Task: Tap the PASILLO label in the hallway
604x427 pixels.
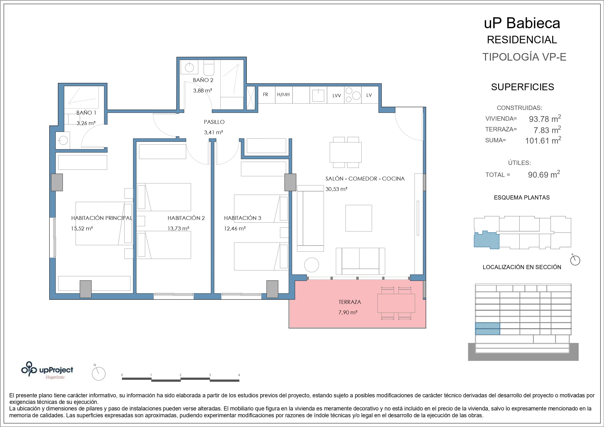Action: [214, 122]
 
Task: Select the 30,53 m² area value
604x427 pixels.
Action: [337, 189]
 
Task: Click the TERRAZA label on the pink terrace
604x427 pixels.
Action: [350, 302]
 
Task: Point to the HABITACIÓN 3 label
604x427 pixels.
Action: [243, 218]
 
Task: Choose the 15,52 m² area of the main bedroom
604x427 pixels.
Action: [82, 228]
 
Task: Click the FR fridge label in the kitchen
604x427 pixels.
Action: [265, 94]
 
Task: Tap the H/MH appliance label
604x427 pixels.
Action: [283, 94]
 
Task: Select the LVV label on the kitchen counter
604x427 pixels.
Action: [337, 96]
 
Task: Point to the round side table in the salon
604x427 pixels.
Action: [312, 265]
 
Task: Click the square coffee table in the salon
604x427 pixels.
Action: [358, 218]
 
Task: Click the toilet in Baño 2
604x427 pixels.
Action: [209, 68]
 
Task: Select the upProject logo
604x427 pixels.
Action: [47, 370]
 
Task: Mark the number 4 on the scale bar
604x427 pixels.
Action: [239, 375]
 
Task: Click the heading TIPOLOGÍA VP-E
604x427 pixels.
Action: [524, 57]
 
